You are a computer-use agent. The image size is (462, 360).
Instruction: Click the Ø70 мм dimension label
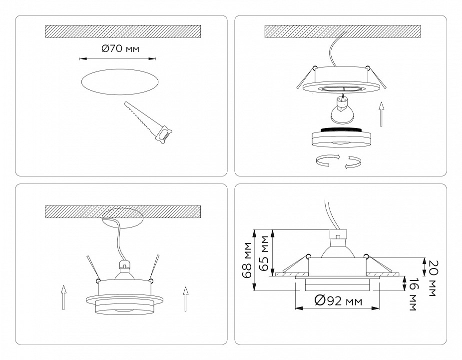[120, 49]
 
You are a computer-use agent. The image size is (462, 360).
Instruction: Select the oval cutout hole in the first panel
[120, 83]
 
